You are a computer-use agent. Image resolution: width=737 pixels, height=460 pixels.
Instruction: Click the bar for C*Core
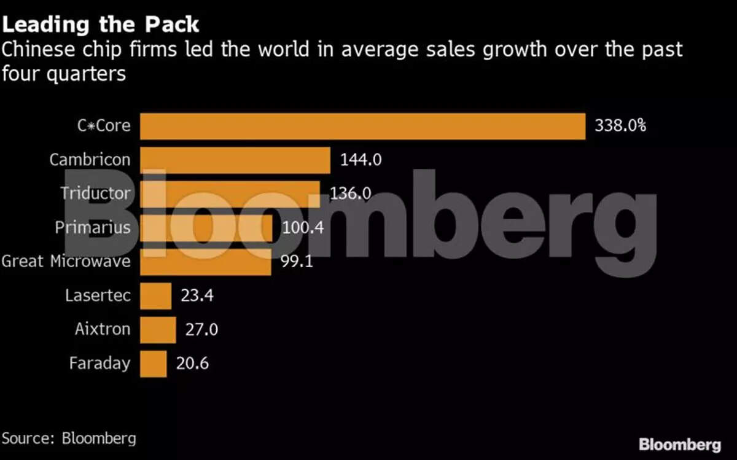(362, 126)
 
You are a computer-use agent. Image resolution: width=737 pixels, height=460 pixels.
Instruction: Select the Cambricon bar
(235, 160)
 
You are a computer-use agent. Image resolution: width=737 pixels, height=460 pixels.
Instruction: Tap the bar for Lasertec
(155, 295)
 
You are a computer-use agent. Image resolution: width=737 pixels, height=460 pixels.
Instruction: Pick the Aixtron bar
(158, 329)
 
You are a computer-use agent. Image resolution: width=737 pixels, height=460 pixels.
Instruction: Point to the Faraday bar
(153, 363)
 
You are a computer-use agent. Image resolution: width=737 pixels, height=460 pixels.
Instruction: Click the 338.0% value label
(620, 126)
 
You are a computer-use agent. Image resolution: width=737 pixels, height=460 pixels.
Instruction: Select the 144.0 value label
(361, 160)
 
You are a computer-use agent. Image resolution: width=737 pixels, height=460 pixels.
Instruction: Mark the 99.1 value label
(297, 262)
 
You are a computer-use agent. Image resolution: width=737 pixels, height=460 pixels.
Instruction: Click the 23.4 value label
(197, 295)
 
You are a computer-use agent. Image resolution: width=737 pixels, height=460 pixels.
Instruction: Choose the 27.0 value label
(201, 329)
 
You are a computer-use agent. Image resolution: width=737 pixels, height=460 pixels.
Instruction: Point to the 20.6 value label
(192, 363)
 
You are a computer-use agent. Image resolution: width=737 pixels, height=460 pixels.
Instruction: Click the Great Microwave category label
(66, 262)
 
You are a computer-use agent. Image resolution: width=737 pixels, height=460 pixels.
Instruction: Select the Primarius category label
(93, 228)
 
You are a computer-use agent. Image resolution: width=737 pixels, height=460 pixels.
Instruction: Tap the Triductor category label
(95, 193)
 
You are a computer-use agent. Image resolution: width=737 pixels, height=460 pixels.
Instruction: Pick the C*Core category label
(104, 126)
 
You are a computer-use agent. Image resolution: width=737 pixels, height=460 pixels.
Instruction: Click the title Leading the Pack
(101, 25)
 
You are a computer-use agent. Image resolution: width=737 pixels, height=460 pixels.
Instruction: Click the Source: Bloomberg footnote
(69, 439)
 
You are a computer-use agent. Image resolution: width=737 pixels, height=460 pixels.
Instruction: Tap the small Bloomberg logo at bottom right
(679, 444)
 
